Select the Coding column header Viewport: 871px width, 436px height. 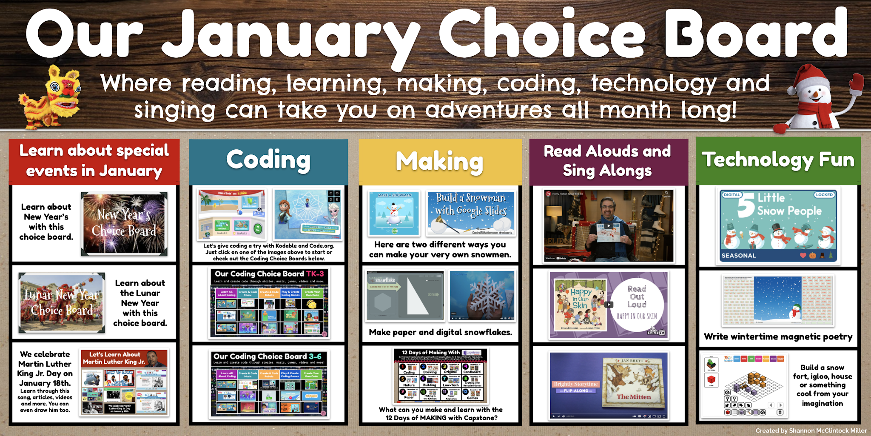coord(268,160)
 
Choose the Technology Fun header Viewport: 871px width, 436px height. coord(778,160)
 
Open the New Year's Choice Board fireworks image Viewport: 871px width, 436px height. coord(124,224)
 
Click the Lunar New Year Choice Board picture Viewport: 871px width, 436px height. coord(62,302)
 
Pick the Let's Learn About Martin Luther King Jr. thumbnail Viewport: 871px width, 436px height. coord(124,382)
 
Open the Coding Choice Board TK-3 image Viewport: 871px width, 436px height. coord(269,302)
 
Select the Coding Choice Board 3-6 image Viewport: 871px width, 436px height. coord(269,384)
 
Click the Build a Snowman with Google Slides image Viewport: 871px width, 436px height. coord(470,213)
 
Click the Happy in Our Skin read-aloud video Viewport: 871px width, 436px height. coord(609,305)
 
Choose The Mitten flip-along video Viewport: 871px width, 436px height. coord(609,385)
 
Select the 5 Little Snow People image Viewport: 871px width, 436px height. coord(778,225)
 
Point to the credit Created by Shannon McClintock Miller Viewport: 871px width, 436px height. coord(811,430)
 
